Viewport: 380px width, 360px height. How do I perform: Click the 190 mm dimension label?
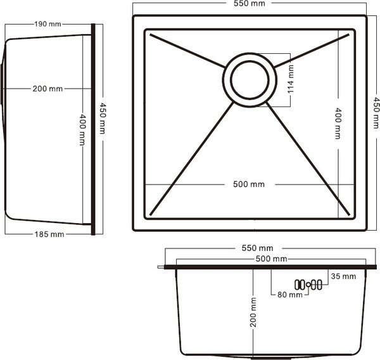coord(47,24)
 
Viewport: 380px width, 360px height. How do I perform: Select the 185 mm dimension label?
coord(49,234)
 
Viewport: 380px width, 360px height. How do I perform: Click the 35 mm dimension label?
coord(343,276)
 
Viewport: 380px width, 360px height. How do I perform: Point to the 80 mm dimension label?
coord(285,294)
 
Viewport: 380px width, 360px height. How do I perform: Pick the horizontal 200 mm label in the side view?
coord(47,89)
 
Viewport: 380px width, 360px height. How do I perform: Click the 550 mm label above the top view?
coord(249,4)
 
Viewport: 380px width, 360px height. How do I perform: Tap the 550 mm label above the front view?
coord(258,248)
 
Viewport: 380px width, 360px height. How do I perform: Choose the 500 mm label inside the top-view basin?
coord(249,184)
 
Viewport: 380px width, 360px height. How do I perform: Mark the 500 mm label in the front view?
coord(271,259)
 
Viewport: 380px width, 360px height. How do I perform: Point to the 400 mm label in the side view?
coord(82,130)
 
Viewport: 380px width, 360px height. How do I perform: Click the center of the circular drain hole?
coord(249,80)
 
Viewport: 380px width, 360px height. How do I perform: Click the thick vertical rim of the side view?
coord(93,130)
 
